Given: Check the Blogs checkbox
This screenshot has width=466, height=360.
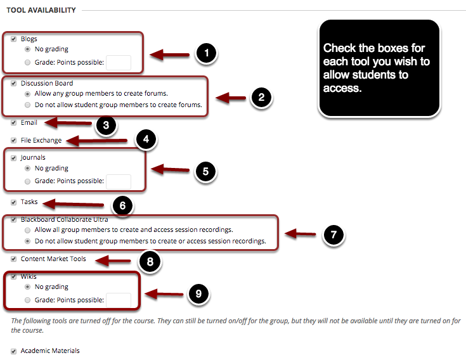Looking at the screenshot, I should [x=14, y=39].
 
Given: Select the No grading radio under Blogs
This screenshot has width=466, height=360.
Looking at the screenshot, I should [x=27, y=49].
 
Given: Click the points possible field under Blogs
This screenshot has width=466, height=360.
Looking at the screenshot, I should [x=119, y=62].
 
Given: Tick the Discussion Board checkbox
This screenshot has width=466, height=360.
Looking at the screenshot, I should [x=14, y=83].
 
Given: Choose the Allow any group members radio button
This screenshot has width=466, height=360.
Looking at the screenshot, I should [x=27, y=94].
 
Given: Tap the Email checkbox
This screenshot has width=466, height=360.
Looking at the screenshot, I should [x=14, y=122].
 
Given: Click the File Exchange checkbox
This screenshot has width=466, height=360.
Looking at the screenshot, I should [x=14, y=140].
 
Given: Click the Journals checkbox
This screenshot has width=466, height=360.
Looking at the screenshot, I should [x=14, y=158].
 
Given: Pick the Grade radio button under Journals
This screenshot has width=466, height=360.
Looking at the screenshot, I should [x=27, y=181].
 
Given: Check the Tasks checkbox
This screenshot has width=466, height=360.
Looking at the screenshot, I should [x=14, y=202].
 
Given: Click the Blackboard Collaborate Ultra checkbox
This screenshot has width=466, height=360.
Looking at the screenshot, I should [x=14, y=219].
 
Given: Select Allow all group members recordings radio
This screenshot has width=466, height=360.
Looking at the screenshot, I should [x=27, y=230].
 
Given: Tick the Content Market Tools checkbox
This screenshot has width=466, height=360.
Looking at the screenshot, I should [x=14, y=259].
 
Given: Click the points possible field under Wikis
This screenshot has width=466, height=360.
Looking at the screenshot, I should [x=119, y=300].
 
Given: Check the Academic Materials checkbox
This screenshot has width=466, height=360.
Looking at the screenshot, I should [x=14, y=350].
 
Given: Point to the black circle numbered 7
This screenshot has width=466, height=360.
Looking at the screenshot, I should [x=333, y=235].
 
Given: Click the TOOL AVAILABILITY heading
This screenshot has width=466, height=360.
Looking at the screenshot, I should [x=41, y=10].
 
